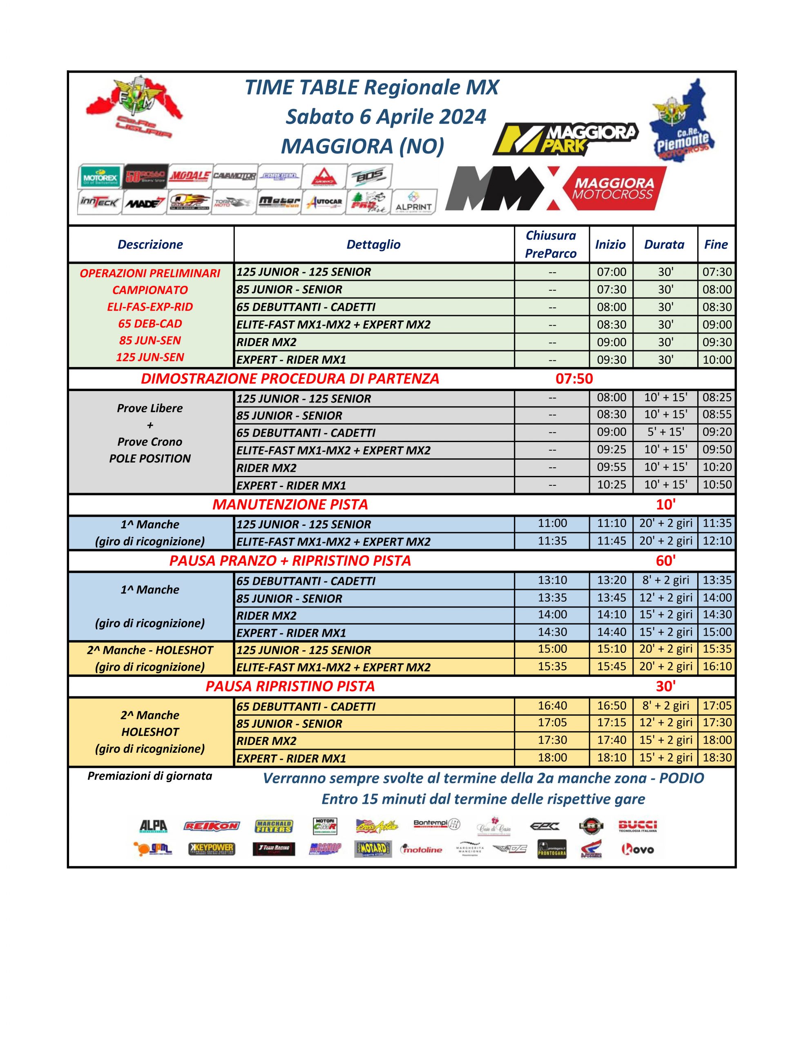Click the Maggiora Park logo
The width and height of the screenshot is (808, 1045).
click(565, 139)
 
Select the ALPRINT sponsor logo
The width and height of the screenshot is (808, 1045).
click(414, 202)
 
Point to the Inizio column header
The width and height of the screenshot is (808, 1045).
click(610, 245)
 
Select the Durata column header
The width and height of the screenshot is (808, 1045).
click(664, 245)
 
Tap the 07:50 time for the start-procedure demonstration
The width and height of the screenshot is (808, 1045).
click(574, 378)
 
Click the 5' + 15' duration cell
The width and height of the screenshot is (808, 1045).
click(665, 431)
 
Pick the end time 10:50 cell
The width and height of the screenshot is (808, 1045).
click(716, 484)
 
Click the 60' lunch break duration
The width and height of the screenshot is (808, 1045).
click(665, 560)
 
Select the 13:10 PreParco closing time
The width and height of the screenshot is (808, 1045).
click(552, 580)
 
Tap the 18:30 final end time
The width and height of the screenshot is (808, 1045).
click(716, 757)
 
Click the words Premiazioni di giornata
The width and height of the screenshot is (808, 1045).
click(150, 776)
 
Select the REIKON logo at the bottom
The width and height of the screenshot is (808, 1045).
click(211, 825)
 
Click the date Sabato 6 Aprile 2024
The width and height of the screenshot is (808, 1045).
click(386, 117)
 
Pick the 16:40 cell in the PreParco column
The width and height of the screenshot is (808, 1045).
click(552, 705)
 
